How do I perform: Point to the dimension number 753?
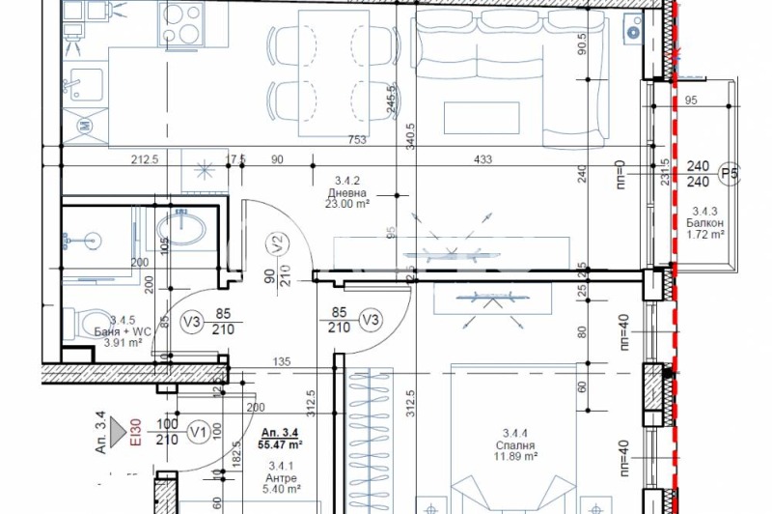tap(359, 140)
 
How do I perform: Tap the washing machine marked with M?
tap(84, 124)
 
